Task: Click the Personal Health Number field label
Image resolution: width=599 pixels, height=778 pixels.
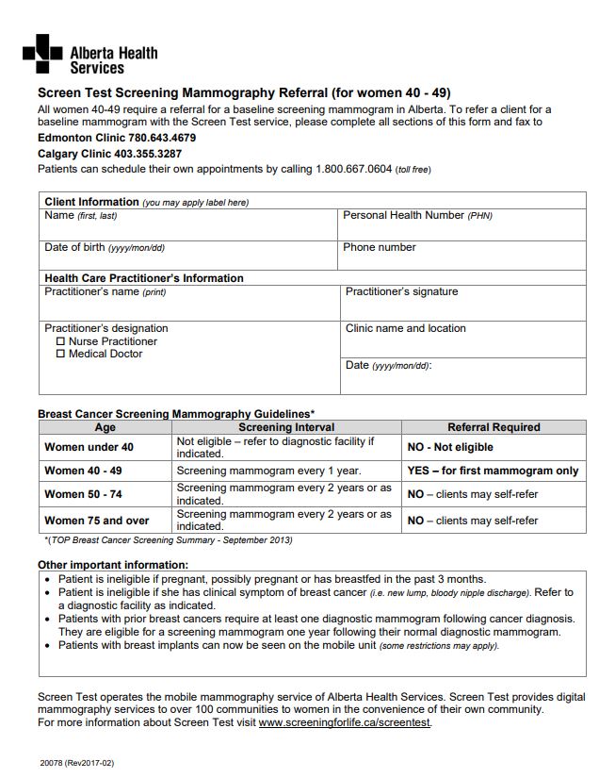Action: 417,216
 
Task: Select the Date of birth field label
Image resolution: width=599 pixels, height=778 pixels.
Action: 104,248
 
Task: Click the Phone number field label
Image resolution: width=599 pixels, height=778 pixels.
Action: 380,248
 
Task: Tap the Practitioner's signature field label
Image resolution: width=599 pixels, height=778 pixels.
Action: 401,292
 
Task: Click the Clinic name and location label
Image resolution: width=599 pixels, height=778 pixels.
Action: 406,329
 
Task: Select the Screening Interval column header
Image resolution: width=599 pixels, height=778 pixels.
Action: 286,427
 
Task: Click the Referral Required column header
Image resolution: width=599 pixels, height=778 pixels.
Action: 494,427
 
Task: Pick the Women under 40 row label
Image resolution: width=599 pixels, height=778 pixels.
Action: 89,447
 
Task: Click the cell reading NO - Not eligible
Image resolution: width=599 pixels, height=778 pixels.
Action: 450,447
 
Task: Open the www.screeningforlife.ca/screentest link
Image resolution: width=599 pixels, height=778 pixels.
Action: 345,723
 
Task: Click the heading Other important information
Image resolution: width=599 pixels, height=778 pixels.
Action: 112,565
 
